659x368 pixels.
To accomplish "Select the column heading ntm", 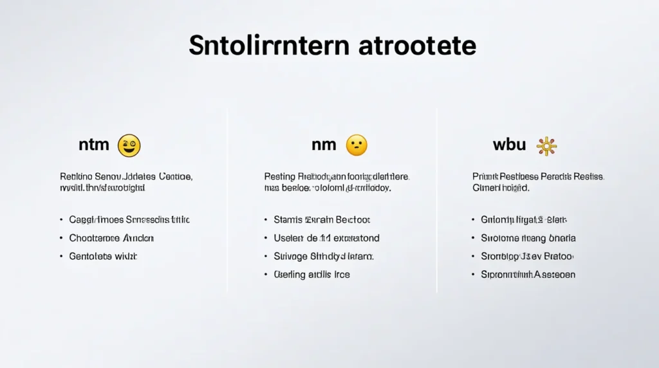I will (94, 145).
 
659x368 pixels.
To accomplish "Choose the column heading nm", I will (324, 145).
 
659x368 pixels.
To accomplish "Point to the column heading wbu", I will (509, 145).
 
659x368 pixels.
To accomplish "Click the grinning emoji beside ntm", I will (129, 145).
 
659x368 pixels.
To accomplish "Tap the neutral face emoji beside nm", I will (357, 145).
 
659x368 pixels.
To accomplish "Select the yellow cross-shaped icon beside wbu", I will (546, 146).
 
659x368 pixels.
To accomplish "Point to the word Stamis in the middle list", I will (288, 220).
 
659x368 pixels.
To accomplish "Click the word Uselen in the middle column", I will (289, 238).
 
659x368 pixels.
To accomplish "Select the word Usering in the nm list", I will (290, 275).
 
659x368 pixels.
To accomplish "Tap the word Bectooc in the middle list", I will (352, 220).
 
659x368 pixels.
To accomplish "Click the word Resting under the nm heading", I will (279, 176).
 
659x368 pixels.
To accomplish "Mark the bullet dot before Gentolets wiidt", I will (60, 256).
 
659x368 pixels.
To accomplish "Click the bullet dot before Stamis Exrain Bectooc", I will (265, 220).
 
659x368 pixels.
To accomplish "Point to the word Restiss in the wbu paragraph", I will (587, 176).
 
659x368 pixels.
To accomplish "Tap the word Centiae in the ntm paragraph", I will (176, 176).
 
